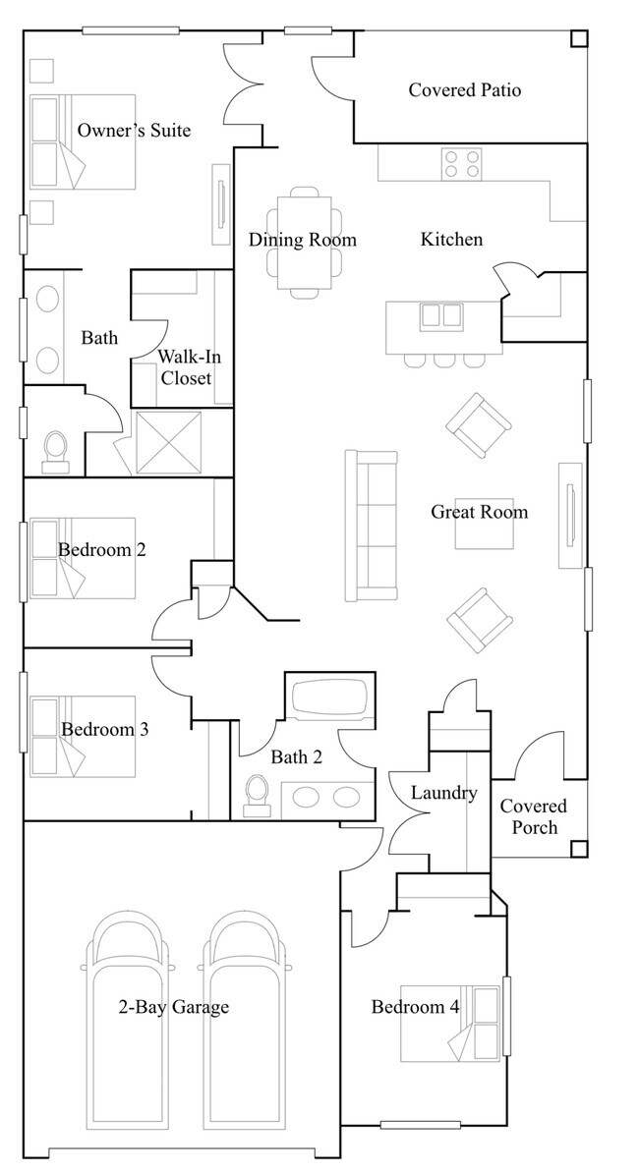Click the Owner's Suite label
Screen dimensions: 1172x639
coord(134,131)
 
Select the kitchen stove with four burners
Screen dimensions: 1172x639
coord(461,163)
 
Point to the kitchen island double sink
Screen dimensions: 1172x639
coord(441,315)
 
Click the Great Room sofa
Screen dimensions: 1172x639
coord(371,526)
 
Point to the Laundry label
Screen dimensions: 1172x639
coord(443,793)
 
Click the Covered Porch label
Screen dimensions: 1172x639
coord(533,816)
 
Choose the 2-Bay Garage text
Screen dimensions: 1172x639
coord(173,1007)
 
